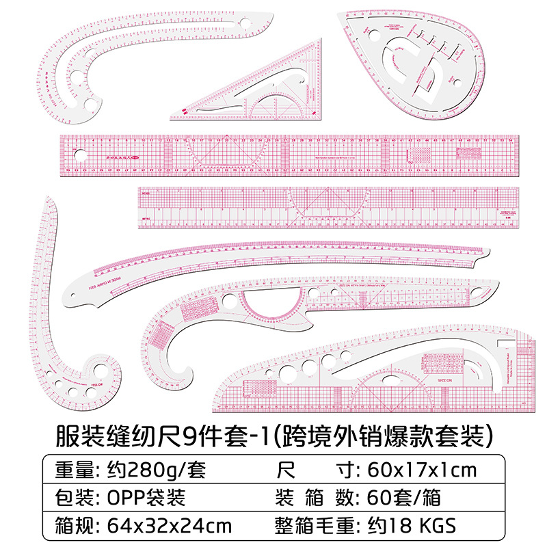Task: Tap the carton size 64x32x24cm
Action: [x=170, y=526]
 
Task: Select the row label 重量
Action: [x=72, y=471]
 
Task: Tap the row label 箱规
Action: [x=72, y=526]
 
